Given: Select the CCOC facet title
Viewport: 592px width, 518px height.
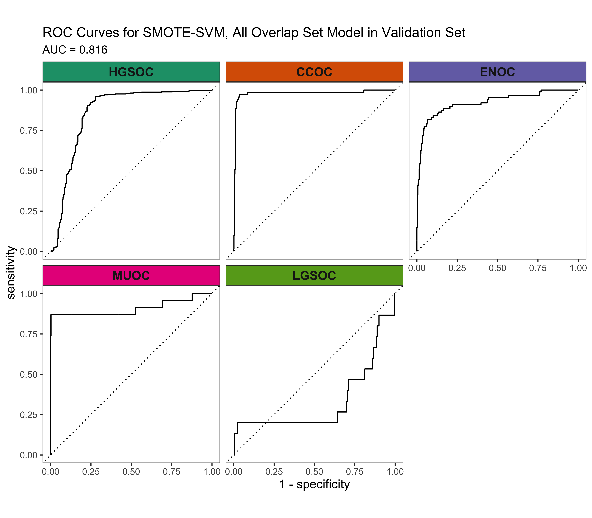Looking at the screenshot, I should [314, 72].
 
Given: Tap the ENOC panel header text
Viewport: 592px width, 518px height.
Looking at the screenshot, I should [497, 72].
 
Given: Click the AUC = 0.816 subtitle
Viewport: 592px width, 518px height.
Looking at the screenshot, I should [75, 50].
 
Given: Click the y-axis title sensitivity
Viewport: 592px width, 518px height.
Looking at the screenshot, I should [11, 272].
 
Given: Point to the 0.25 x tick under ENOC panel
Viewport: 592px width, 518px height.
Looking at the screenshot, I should [457, 268].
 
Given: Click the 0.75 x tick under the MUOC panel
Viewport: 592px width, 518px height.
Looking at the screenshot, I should [171, 472].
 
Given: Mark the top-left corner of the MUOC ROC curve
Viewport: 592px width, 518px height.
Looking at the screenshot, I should [51, 314].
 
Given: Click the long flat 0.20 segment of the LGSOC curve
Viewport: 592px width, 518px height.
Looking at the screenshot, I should [286, 423].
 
